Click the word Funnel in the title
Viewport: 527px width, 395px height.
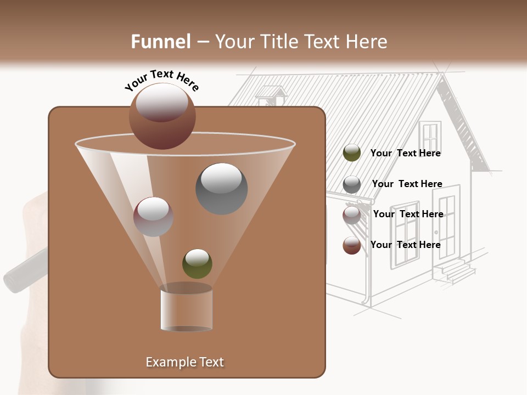[x=161, y=41]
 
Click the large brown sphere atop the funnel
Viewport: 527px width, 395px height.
[x=162, y=116]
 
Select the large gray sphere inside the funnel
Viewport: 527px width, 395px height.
[x=221, y=189]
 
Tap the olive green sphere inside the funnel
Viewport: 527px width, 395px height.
[x=197, y=263]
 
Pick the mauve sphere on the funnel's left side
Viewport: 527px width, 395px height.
[x=153, y=217]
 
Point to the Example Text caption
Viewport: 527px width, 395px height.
[x=184, y=362]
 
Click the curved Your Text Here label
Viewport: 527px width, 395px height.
[x=162, y=80]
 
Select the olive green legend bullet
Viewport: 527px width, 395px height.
[x=352, y=153]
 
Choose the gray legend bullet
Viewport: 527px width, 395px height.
[x=352, y=184]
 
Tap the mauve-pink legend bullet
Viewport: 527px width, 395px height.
[x=352, y=215]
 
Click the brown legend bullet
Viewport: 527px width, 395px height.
[x=352, y=245]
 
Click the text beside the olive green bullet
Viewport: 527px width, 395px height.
[x=406, y=153]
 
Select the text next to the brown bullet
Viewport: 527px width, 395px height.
[x=406, y=245]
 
